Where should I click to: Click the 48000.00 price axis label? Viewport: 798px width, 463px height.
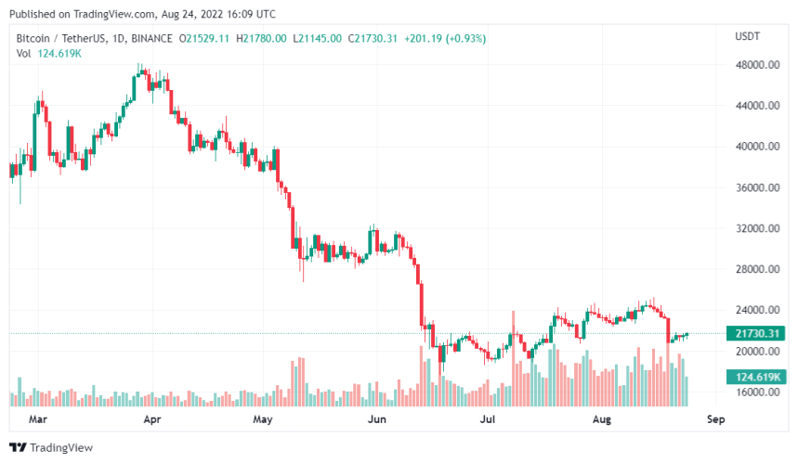tap(758, 65)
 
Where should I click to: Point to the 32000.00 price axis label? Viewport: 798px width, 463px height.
tap(758, 228)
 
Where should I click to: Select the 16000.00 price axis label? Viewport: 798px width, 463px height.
tap(758, 392)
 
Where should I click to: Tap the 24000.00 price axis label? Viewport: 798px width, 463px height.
tap(758, 310)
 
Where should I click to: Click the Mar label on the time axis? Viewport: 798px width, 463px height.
tap(37, 419)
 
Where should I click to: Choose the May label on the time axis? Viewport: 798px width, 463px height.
tap(264, 419)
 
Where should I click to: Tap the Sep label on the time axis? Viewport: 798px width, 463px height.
tap(715, 419)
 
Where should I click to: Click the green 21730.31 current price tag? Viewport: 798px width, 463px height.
tap(757, 334)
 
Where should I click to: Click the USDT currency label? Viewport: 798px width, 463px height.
tap(747, 37)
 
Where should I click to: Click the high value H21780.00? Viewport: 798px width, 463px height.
tap(262, 38)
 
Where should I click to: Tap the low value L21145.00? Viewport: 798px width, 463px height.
tap(319, 38)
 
